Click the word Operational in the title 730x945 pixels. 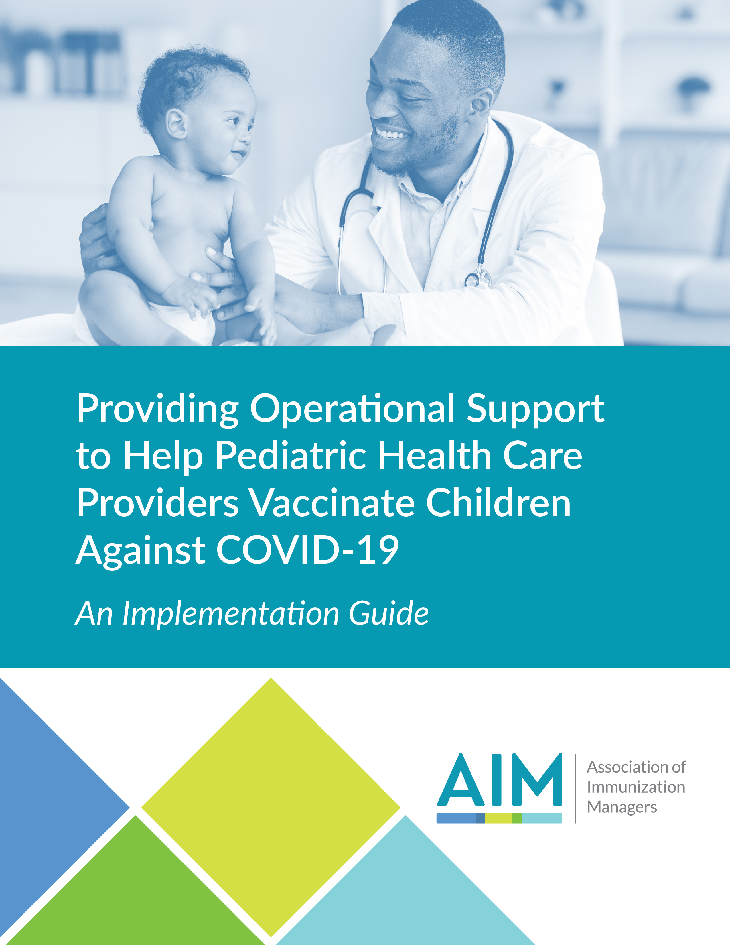352,409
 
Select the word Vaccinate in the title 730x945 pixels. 332,503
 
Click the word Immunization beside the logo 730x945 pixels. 636,787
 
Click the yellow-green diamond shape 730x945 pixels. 271,807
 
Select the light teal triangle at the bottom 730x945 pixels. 407,900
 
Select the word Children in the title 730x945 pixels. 498,503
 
